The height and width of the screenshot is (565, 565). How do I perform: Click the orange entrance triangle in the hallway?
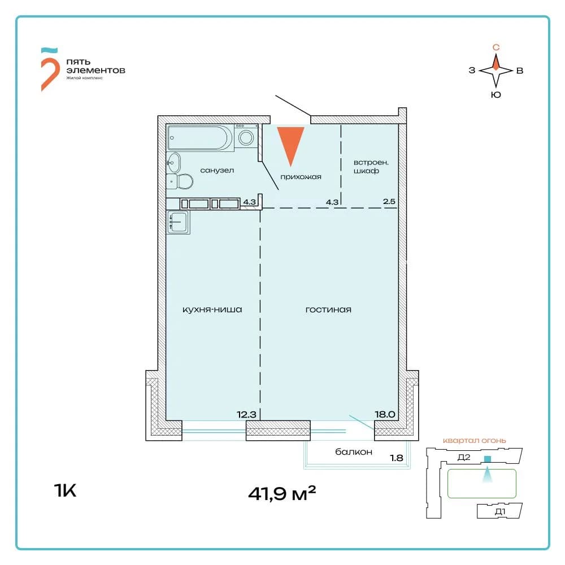click(290, 142)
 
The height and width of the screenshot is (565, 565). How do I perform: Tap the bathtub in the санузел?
click(199, 137)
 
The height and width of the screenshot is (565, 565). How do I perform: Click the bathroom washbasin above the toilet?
click(173, 162)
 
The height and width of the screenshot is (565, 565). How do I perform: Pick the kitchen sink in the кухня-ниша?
click(178, 222)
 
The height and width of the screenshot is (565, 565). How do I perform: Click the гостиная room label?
click(328, 310)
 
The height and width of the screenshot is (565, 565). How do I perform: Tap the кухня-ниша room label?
click(212, 310)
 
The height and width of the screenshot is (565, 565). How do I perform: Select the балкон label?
click(354, 452)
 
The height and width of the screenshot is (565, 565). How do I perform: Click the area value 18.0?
click(385, 414)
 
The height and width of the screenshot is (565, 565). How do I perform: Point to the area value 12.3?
click(246, 414)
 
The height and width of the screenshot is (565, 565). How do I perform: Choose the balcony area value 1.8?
click(397, 458)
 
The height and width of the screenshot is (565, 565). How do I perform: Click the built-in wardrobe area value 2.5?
click(389, 202)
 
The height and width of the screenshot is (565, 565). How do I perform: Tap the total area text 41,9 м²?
click(282, 493)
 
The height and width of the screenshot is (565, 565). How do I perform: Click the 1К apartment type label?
click(65, 490)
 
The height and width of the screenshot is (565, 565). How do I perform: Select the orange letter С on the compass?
click(496, 47)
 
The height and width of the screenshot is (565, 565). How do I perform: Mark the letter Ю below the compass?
click(496, 95)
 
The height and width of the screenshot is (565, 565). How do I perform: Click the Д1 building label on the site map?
click(500, 511)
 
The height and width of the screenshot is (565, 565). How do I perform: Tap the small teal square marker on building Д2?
click(487, 459)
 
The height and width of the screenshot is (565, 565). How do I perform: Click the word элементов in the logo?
click(96, 70)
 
